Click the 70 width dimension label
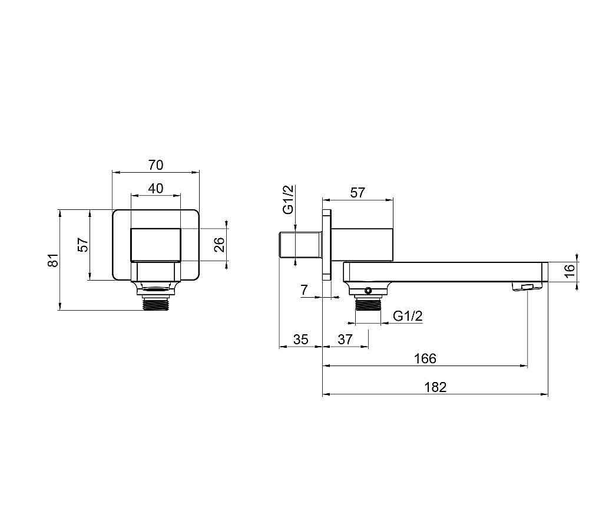(x=156, y=165)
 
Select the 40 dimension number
(x=155, y=188)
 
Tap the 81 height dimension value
(x=54, y=260)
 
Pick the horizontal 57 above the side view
(x=358, y=193)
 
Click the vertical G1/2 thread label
(x=288, y=199)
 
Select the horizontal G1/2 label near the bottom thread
(x=408, y=316)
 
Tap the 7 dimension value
(x=305, y=290)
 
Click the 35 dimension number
(x=301, y=340)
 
